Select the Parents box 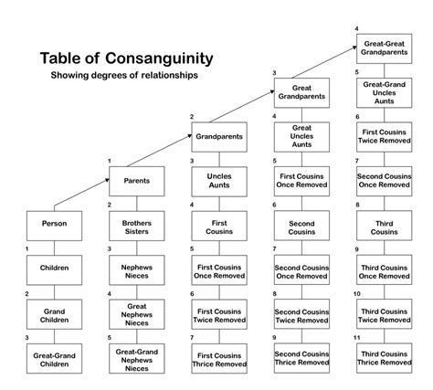pyautogui.click(x=136, y=180)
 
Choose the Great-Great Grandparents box pyautogui.click(x=384, y=47)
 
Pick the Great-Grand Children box pyautogui.click(x=53, y=359)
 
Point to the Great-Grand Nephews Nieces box pyautogui.click(x=136, y=359)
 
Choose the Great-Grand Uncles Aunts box pyautogui.click(x=384, y=91)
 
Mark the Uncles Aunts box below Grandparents pyautogui.click(x=218, y=180)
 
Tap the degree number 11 pyautogui.click(x=357, y=338)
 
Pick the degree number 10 pyautogui.click(x=357, y=293)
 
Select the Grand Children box pyautogui.click(x=53, y=314)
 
